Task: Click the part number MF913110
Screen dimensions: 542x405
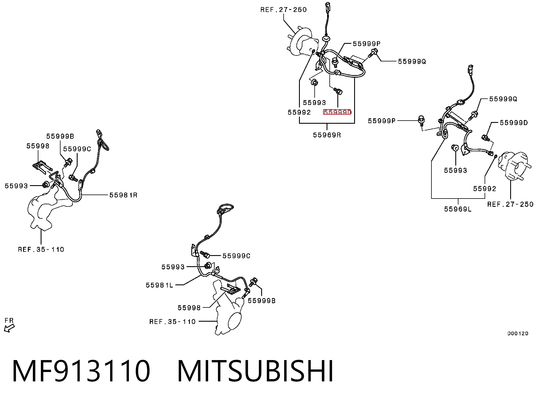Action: [81, 371]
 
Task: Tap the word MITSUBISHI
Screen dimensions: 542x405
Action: [256, 371]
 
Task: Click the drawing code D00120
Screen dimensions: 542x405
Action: [518, 334]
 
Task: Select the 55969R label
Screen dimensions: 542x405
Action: [327, 135]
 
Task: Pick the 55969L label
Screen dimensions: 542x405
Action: [458, 209]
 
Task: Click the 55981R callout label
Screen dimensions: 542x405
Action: [123, 195]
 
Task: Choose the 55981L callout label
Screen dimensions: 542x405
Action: [159, 285]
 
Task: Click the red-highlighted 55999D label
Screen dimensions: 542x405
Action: [337, 112]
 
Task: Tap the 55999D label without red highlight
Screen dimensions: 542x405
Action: [514, 123]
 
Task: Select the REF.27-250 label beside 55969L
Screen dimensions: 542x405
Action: [510, 204]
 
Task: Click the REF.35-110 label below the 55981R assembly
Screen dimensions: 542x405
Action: [41, 249]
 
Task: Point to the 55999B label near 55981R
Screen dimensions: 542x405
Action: [60, 137]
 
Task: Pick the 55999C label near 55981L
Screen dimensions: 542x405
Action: [236, 256]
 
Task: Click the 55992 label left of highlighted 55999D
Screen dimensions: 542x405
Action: [299, 112]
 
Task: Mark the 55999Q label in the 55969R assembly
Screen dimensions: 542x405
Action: [412, 61]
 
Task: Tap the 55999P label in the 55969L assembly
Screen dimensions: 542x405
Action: [382, 121]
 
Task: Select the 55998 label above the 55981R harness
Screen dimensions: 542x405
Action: [38, 146]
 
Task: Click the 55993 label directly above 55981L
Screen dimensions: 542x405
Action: [173, 267]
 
